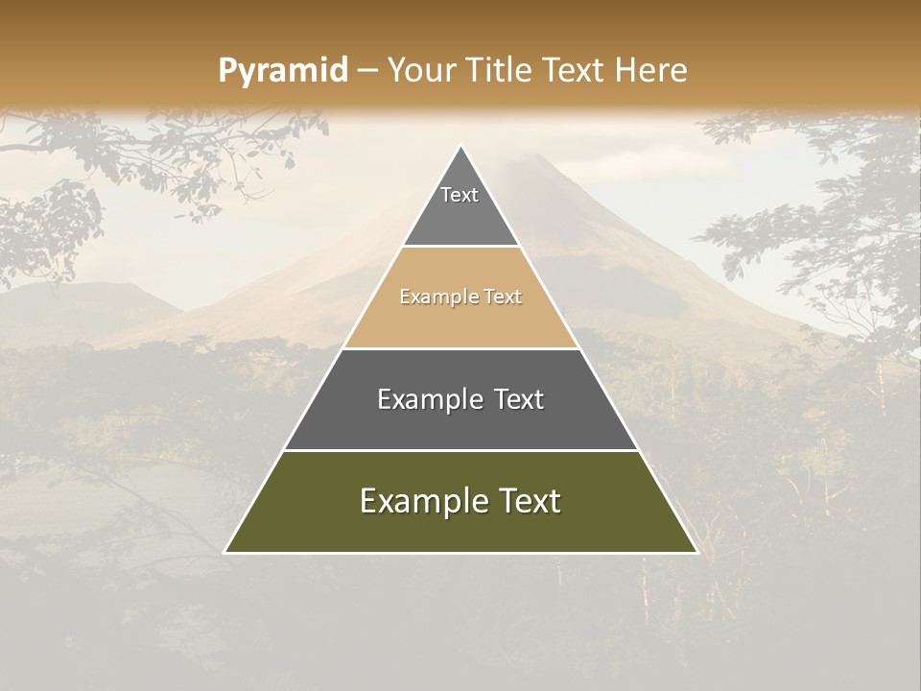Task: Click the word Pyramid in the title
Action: click(283, 70)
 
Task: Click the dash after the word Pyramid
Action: click(367, 71)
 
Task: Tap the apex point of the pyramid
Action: click(460, 147)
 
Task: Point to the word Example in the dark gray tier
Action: click(426, 399)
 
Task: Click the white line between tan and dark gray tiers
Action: click(460, 348)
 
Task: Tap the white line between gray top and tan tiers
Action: click(460, 247)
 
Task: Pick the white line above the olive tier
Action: click(460, 450)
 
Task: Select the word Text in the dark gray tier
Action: click(518, 399)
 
